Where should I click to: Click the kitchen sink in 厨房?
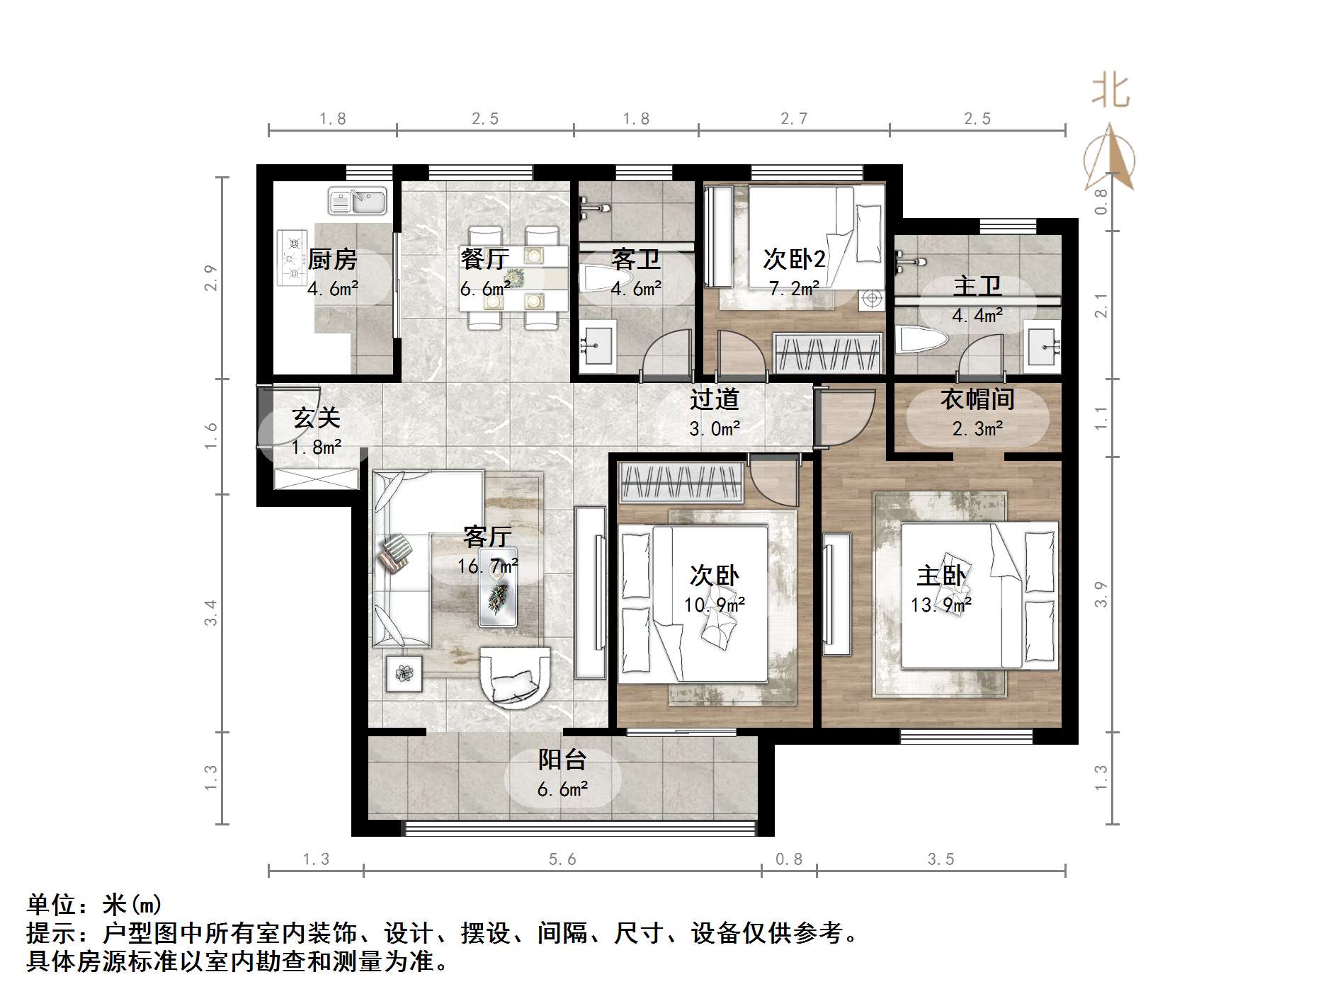(x=357, y=200)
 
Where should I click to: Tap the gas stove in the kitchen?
(x=292, y=258)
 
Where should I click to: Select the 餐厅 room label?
(x=484, y=259)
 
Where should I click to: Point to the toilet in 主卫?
(x=921, y=340)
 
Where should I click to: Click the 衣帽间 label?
(x=977, y=400)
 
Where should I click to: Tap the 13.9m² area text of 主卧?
(x=941, y=605)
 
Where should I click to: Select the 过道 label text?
(x=715, y=400)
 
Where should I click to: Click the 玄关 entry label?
(x=316, y=418)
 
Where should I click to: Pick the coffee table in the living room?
(x=497, y=588)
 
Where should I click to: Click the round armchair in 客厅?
(x=515, y=676)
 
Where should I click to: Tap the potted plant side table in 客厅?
(x=404, y=673)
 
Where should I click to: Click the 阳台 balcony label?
(x=562, y=760)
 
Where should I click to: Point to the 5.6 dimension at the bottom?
(x=562, y=859)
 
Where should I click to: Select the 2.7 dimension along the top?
(x=793, y=119)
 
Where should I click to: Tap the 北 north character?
(x=1110, y=92)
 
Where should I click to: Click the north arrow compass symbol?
(x=1109, y=159)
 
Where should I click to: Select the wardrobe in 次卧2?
(x=828, y=351)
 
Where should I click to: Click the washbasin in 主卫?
(x=1043, y=345)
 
